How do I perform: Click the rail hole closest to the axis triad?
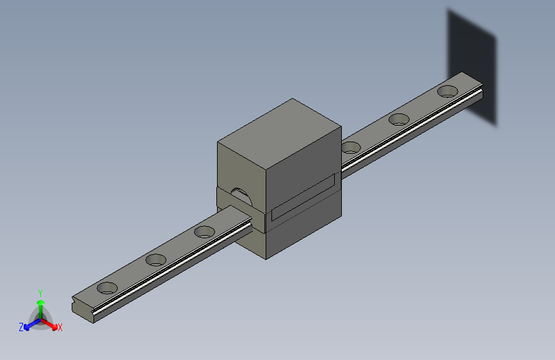(108, 288)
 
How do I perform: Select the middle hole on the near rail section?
(156, 259)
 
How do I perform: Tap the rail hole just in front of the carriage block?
(205, 231)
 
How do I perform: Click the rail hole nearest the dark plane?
(448, 91)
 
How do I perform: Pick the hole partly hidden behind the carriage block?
(350, 147)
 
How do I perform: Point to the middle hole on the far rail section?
(399, 119)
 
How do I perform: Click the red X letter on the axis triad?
(60, 328)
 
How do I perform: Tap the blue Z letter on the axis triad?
(21, 327)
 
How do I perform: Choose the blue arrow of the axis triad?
(29, 324)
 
